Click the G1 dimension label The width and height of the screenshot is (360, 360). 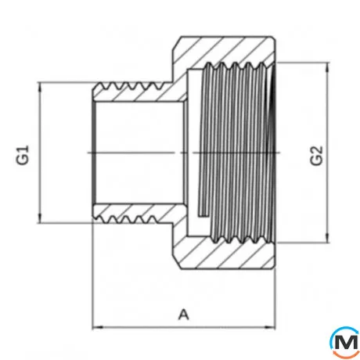23,152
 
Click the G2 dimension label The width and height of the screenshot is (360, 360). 317,153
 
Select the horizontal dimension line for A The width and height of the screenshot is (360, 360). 141,326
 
